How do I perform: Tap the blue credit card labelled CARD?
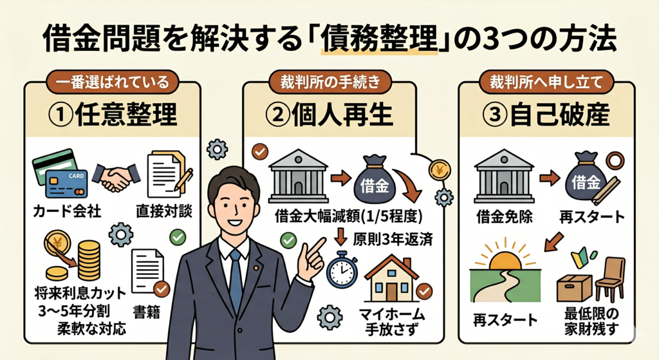66,184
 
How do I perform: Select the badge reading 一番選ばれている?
112,82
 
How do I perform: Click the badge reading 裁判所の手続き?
330,82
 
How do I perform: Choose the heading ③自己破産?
545,115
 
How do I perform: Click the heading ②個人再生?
329,115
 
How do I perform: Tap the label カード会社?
67,211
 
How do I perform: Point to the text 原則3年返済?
393,239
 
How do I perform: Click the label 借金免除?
505,216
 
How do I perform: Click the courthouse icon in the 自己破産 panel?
504,176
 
